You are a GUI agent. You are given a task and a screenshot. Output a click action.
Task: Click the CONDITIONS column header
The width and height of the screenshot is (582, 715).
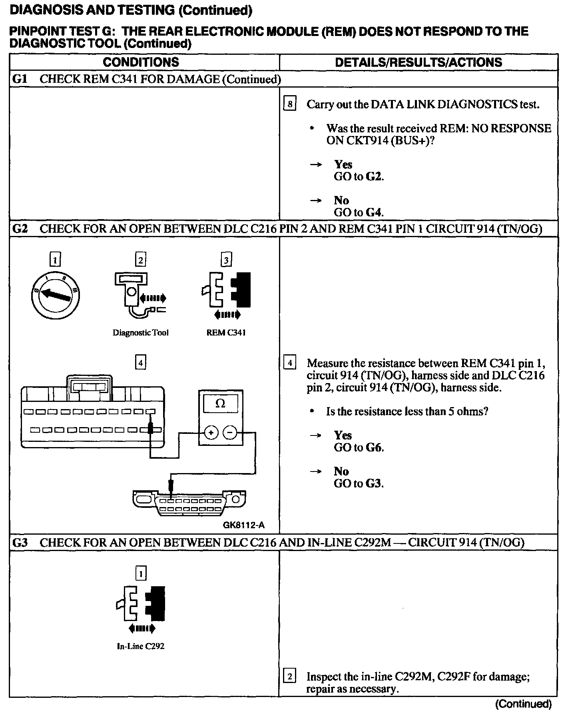pos(141,62)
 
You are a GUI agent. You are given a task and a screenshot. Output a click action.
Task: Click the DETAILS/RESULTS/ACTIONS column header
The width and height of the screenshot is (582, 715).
pos(418,62)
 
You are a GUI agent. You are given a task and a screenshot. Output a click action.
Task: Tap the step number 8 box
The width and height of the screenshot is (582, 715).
pos(289,104)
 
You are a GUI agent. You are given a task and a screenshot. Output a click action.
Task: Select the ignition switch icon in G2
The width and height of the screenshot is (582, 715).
pos(55,295)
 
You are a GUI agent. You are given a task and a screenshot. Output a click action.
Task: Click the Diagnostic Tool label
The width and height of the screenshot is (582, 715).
pos(140,333)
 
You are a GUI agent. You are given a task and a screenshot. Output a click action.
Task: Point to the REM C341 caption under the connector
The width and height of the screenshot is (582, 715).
pos(226,333)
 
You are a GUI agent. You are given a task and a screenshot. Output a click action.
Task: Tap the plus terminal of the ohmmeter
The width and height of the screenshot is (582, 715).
pos(211,433)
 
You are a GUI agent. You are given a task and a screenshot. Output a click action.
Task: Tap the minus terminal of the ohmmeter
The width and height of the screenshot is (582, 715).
pos(230,433)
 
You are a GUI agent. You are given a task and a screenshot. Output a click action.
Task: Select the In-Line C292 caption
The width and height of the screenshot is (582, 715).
pos(140,646)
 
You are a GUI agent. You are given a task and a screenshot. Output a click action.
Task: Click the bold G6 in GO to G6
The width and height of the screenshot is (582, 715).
pos(374,447)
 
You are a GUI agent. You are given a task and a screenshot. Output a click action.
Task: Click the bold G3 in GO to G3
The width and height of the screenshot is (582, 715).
pos(374,483)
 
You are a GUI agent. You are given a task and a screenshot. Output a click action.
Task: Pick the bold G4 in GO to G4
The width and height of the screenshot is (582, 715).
pos(374,212)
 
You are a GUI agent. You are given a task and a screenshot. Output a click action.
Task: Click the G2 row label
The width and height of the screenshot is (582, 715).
pos(20,229)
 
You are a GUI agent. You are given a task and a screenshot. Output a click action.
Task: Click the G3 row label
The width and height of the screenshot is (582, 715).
pos(20,542)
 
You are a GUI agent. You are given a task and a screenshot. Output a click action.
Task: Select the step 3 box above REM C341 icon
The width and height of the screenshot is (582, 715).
pos(226,260)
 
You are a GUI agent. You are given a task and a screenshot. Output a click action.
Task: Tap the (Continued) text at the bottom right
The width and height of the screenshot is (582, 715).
pos(523,704)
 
